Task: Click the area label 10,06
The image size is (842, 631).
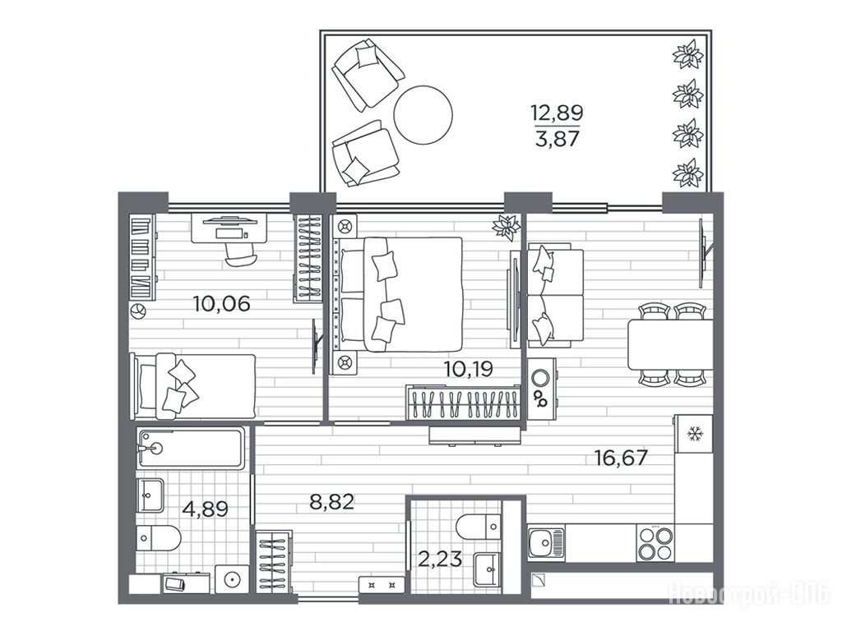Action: coord(222,304)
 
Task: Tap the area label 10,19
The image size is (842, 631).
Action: coord(468,369)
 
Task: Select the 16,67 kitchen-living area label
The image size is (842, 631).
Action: coord(621,458)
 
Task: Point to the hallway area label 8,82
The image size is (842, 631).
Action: coord(332,502)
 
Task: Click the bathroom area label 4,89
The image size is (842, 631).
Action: coord(206,508)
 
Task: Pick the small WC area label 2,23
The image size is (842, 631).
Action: coord(440,560)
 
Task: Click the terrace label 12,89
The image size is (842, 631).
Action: coord(557,113)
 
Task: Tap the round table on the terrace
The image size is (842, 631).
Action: coord(423,114)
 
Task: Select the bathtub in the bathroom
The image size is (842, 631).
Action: coord(191,448)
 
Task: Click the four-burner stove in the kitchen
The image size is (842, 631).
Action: coord(655,543)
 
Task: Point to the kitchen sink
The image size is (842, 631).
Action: coord(546,543)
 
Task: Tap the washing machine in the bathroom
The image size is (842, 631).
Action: coord(231,579)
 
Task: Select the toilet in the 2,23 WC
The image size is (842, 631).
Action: coord(479,527)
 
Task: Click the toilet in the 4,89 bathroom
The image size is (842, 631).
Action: coord(159,538)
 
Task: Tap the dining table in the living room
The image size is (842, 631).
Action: coord(670,344)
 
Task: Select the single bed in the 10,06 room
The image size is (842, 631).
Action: coord(193,386)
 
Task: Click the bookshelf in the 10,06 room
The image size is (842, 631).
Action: coord(143,256)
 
